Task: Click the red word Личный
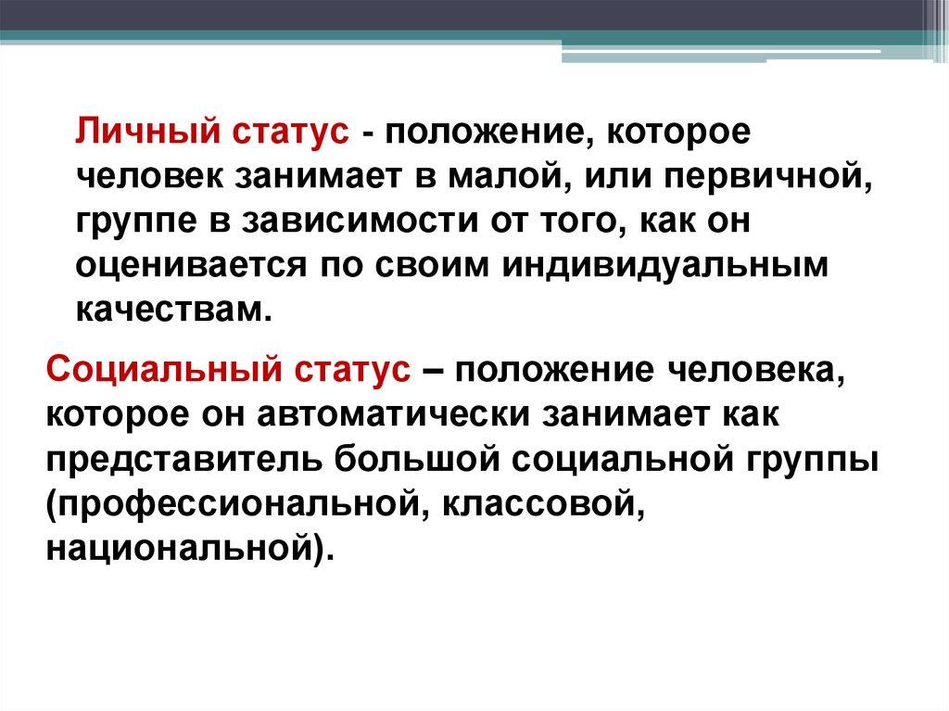(147, 132)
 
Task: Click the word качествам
(171, 311)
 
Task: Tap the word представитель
(184, 460)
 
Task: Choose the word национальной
(181, 550)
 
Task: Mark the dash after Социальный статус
(428, 371)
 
